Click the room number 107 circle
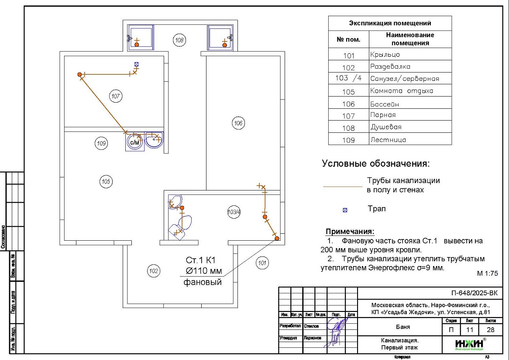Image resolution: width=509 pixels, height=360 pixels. pyautogui.click(x=115, y=97)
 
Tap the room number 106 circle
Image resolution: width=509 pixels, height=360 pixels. pyautogui.click(x=238, y=124)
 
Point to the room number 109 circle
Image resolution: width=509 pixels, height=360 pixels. pyautogui.click(x=101, y=143)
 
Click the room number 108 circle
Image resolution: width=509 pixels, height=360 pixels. pyautogui.click(x=179, y=41)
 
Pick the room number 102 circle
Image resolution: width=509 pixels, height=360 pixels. pyautogui.click(x=153, y=271)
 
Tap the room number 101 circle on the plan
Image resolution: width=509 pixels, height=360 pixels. pyautogui.click(x=262, y=263)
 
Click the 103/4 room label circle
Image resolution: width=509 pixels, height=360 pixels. pyautogui.click(x=234, y=212)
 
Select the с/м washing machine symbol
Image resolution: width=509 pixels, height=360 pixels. pyautogui.click(x=135, y=142)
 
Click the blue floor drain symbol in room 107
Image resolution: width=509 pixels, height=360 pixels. pyautogui.click(x=137, y=64)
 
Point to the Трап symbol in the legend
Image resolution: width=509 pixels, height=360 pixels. pyautogui.click(x=345, y=210)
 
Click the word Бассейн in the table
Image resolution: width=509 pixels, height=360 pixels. pyautogui.click(x=385, y=104)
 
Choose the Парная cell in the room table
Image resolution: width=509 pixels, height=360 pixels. pyautogui.click(x=383, y=115)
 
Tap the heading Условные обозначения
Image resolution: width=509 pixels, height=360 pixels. pyautogui.click(x=376, y=164)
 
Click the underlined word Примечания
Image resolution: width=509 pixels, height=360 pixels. pyautogui.click(x=350, y=232)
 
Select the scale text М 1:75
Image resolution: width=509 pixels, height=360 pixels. pyautogui.click(x=487, y=273)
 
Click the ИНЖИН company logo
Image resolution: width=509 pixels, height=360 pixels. pyautogui.click(x=469, y=344)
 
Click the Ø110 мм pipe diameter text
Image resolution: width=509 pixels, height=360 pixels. pyautogui.click(x=202, y=271)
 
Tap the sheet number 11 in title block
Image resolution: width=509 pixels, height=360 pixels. pyautogui.click(x=469, y=330)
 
